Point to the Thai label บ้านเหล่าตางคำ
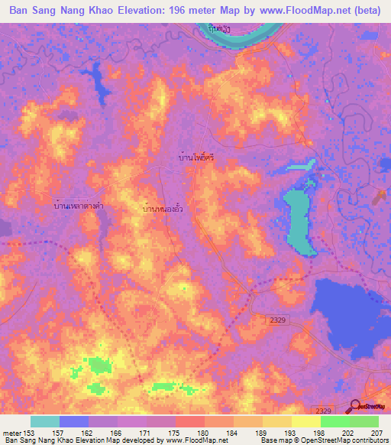pyautogui.click(x=74, y=206)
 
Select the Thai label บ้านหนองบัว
pyautogui.click(x=163, y=207)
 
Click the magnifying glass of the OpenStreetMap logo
pyautogui.click(x=354, y=407)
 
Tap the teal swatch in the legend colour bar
pyautogui.click(x=45, y=421)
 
